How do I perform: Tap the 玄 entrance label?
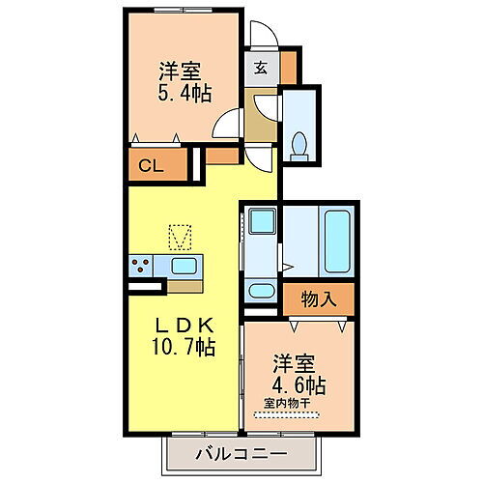pyautogui.click(x=262, y=68)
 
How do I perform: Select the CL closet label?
pyautogui.click(x=150, y=165)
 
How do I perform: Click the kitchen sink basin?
pyautogui.click(x=184, y=266)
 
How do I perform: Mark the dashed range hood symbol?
pyautogui.click(x=180, y=236)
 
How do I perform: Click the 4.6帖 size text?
pyautogui.click(x=297, y=385)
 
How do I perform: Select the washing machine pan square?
pyautogui.click(x=260, y=220)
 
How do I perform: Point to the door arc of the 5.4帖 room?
pyautogui.click(x=228, y=124)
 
